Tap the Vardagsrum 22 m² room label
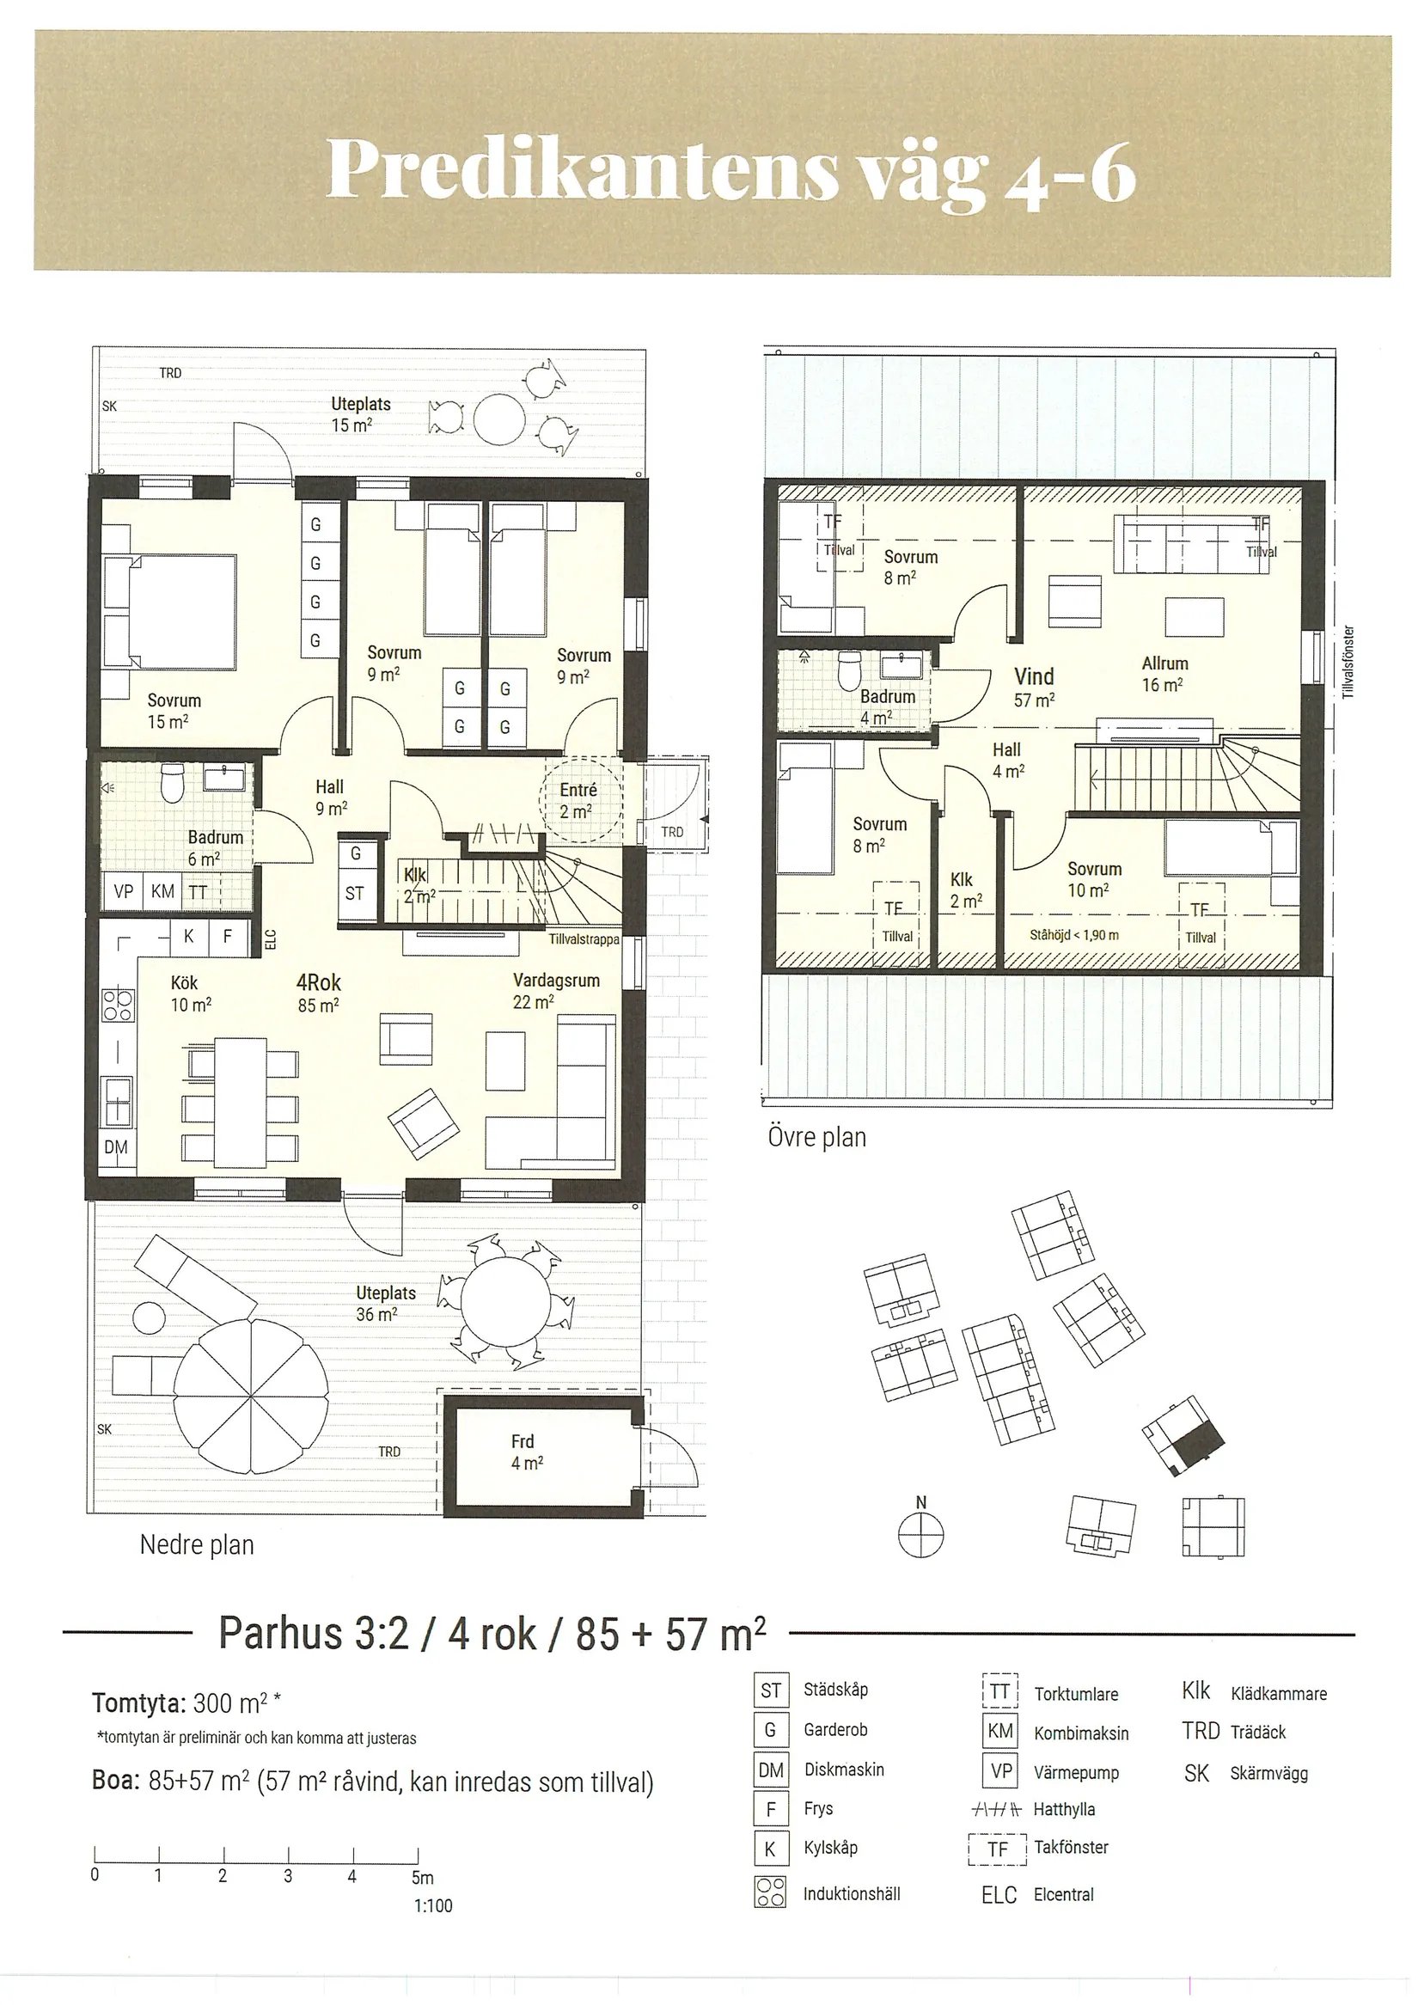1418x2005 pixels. [556, 990]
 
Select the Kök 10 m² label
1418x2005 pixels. [190, 993]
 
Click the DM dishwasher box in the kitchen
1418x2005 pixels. [116, 1146]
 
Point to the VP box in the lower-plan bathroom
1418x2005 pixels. [123, 891]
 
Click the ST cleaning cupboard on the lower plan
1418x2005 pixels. [354, 893]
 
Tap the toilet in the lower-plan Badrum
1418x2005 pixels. [173, 783]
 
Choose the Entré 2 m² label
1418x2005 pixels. [578, 800]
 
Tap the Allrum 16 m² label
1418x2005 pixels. [1164, 673]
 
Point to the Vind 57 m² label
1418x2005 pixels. [1034, 687]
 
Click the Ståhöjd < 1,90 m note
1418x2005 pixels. [1074, 934]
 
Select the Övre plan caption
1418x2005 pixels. [817, 1137]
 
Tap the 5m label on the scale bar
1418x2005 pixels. [423, 1878]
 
